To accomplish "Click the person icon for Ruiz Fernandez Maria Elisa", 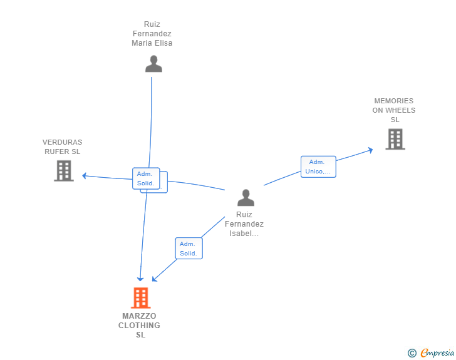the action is coord(153,64).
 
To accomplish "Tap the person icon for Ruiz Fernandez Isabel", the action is coord(246,198).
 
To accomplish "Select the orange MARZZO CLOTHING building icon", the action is coord(141,298).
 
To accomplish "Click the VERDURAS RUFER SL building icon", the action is coord(64,171).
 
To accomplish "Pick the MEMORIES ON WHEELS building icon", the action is coord(395,139).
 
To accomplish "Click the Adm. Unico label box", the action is coord(318,167).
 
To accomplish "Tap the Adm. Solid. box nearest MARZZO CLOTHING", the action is coord(189,249).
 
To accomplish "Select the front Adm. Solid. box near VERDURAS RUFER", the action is coord(146,178).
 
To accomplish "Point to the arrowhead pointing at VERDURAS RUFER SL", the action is coord(85,176).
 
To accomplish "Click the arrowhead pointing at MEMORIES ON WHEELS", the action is coord(371,150).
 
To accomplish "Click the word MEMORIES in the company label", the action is coord(394,101).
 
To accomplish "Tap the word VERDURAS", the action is coord(62,142).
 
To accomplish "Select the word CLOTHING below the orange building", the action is coord(139,326).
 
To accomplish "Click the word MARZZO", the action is coord(139,316).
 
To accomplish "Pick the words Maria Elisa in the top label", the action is coord(152,43).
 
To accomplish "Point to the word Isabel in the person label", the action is coord(241,234).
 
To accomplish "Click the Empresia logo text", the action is coord(437,352).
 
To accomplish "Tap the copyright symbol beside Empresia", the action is coord(412,353).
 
